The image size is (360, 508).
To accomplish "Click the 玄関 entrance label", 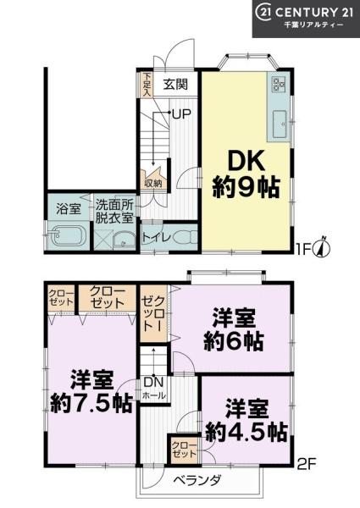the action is pyautogui.click(x=175, y=85).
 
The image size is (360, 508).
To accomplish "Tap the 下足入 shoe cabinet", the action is pyautogui.click(x=147, y=85).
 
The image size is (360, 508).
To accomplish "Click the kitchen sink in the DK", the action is pyautogui.click(x=280, y=124).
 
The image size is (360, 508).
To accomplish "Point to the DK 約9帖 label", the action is pyautogui.click(x=246, y=174).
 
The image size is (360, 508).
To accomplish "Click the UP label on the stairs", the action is pyautogui.click(x=181, y=113).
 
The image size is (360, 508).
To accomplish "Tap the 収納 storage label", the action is pyautogui.click(x=153, y=184).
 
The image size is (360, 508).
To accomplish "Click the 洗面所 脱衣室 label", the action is pyautogui.click(x=114, y=212).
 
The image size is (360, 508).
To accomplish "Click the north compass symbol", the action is pyautogui.click(x=322, y=248).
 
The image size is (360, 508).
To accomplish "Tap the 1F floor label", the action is pyautogui.click(x=304, y=249).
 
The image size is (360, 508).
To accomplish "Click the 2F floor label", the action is pyautogui.click(x=306, y=465).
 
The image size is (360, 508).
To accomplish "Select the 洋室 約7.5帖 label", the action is pyautogui.click(x=91, y=391).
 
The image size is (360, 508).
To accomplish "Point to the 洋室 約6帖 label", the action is pyautogui.click(x=234, y=330).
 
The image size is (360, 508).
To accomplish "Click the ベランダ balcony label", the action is pyautogui.click(x=197, y=479).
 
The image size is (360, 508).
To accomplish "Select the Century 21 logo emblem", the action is pyautogui.click(x=263, y=13).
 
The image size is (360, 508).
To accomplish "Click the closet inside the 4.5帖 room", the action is pyautogui.click(x=184, y=449).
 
